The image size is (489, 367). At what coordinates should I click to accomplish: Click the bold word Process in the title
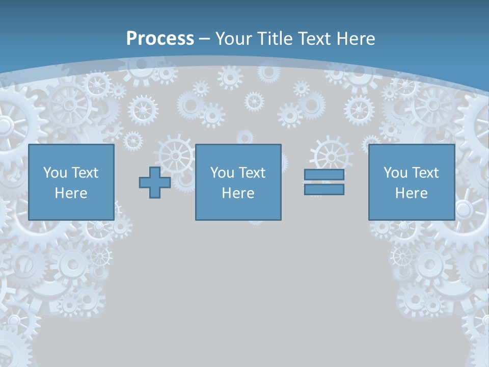pos(160,39)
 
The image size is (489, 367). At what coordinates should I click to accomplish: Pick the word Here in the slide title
pos(356,39)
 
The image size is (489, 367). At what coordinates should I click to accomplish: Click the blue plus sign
pos(155,182)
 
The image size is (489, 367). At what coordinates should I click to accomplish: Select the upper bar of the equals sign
pos(324,174)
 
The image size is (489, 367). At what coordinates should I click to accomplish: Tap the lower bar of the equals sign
pos(324,190)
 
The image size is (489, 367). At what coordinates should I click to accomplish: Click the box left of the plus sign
pos(71,182)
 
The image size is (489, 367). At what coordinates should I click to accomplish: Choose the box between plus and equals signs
pos(238,182)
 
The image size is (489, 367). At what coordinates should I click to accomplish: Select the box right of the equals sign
pos(412,182)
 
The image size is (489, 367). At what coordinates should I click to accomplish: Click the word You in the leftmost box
pos(55,173)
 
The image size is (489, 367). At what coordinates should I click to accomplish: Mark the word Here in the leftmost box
pos(71,193)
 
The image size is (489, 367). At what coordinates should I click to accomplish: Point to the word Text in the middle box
pos(253,173)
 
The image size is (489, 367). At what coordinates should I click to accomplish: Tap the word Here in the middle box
pos(238,193)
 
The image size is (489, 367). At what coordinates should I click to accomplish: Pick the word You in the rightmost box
pos(395,173)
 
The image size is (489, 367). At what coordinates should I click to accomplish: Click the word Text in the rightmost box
pos(426,173)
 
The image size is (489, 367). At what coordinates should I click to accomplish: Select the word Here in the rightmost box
pos(412,193)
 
